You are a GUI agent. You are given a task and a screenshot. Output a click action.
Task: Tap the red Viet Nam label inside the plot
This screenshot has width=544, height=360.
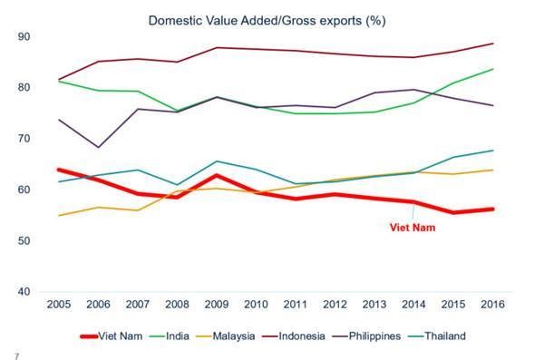(x=413, y=228)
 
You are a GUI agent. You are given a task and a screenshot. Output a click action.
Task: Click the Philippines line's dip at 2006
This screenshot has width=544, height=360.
(x=97, y=147)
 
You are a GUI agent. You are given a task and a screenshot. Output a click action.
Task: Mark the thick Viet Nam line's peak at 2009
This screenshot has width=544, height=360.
(x=216, y=176)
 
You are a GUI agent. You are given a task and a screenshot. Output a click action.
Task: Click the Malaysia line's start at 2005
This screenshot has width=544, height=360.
(x=57, y=215)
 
